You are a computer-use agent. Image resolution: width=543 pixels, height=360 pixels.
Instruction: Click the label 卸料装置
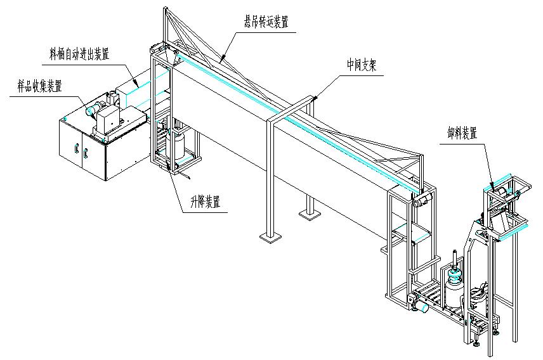(x=461, y=132)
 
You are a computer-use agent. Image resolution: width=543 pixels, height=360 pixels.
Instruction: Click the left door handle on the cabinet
(x=75, y=150)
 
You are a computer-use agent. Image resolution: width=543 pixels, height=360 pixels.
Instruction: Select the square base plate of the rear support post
(x=310, y=216)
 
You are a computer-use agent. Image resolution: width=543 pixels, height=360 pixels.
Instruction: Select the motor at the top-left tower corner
(x=155, y=48)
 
